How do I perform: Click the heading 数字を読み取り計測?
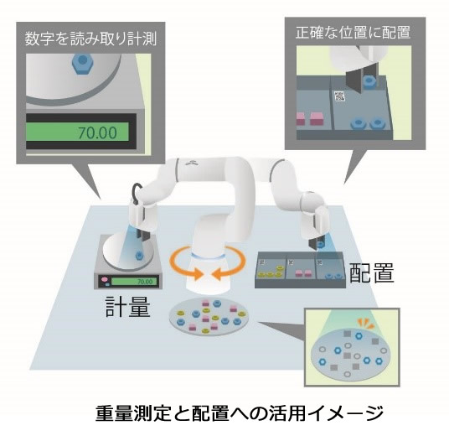click(90, 39)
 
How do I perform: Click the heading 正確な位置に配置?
click(353, 33)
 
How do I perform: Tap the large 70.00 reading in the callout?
click(98, 132)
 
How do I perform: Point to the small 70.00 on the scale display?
click(145, 282)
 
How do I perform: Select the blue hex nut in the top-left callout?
click(82, 61)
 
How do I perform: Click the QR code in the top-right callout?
click(339, 96)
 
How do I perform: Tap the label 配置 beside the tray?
click(372, 272)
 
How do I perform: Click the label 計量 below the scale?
click(127, 306)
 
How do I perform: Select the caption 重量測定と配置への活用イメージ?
click(240, 413)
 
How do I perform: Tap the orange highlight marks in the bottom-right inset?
click(364, 324)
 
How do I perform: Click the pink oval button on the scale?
click(103, 278)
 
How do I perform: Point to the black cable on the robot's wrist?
click(137, 192)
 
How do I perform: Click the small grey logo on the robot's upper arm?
click(191, 163)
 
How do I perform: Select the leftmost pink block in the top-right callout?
click(301, 118)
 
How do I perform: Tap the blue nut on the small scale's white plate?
click(139, 254)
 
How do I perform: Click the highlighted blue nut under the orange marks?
click(358, 336)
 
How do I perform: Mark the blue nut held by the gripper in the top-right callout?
click(368, 80)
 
